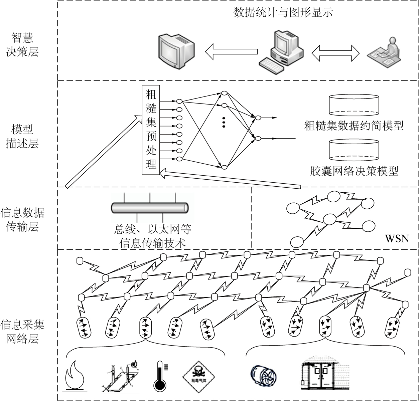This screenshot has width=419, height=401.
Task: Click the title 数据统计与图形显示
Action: tap(283, 13)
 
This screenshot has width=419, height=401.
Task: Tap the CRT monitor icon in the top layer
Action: tap(176, 51)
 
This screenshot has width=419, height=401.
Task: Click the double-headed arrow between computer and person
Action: tap(335, 53)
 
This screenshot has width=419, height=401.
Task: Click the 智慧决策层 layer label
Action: tap(22, 45)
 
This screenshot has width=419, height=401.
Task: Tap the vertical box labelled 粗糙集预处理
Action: tap(151, 130)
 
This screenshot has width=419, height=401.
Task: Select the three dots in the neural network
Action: tap(224, 122)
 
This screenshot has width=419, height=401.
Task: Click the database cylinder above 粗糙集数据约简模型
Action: tap(354, 105)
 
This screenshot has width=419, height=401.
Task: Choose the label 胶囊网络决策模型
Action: tap(354, 171)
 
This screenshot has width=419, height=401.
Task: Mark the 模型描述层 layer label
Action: tap(22, 136)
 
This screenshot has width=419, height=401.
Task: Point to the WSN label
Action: tap(397, 238)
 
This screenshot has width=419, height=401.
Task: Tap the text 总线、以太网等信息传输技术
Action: tap(152, 236)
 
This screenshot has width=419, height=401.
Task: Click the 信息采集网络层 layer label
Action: tap(22, 332)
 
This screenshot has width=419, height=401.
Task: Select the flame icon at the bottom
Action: tap(75, 375)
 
